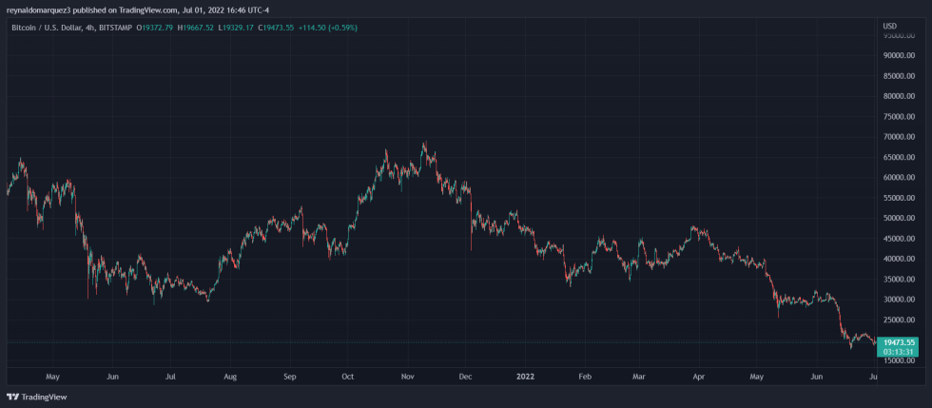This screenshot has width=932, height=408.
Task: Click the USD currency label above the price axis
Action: [x=889, y=26]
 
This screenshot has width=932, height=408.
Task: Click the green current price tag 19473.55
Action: [x=899, y=341]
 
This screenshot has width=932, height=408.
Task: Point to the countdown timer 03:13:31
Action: [x=899, y=351]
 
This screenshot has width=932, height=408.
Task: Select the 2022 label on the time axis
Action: [x=525, y=377]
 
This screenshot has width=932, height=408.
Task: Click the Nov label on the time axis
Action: [x=407, y=377]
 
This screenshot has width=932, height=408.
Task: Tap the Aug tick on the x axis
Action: [x=229, y=377]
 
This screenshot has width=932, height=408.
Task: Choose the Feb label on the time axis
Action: [x=585, y=377]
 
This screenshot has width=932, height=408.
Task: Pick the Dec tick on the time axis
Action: [x=465, y=377]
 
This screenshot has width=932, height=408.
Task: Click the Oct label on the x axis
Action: [x=347, y=377]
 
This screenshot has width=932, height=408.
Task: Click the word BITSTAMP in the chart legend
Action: [x=116, y=27]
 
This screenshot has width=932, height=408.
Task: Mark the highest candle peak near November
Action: [x=424, y=144]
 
